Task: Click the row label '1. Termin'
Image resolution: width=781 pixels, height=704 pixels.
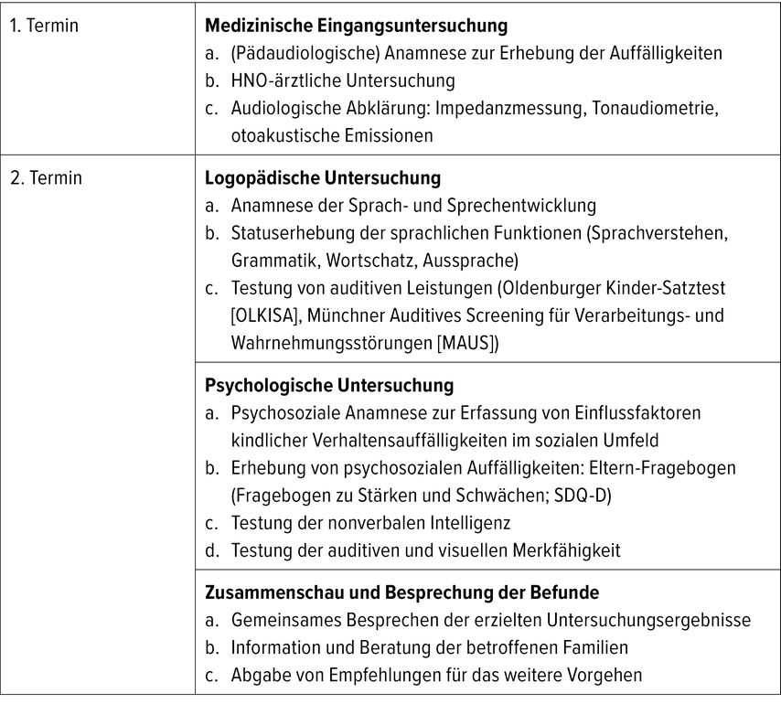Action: (44, 26)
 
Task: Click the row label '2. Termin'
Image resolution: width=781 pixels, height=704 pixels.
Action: (46, 177)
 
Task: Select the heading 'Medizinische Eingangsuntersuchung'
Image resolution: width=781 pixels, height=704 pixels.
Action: (356, 26)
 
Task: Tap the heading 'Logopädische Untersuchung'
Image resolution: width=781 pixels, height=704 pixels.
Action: (323, 177)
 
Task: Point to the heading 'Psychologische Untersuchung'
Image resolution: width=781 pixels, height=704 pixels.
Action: (329, 386)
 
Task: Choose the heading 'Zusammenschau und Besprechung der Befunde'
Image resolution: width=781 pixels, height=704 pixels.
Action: (401, 592)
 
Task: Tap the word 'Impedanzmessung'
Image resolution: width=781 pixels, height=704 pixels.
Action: (497, 108)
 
